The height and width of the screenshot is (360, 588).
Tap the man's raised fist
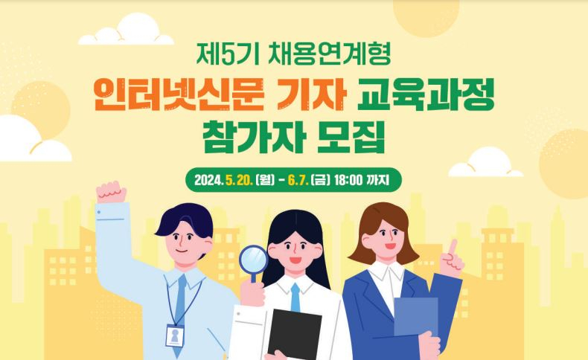pos(111,193)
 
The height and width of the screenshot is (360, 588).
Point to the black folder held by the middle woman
pos(295,334)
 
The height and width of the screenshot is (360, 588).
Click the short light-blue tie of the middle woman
pos(295,298)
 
